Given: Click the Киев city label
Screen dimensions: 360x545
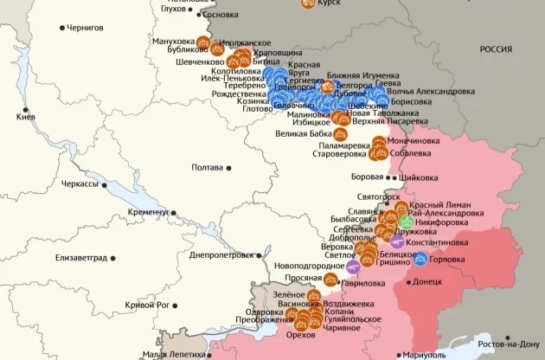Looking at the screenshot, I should click(25, 116).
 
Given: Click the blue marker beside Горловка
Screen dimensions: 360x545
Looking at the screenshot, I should click(420, 259).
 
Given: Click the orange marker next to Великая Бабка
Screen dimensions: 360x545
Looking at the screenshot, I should click(342, 134).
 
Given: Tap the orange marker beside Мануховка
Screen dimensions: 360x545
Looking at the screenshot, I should click(202, 42).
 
